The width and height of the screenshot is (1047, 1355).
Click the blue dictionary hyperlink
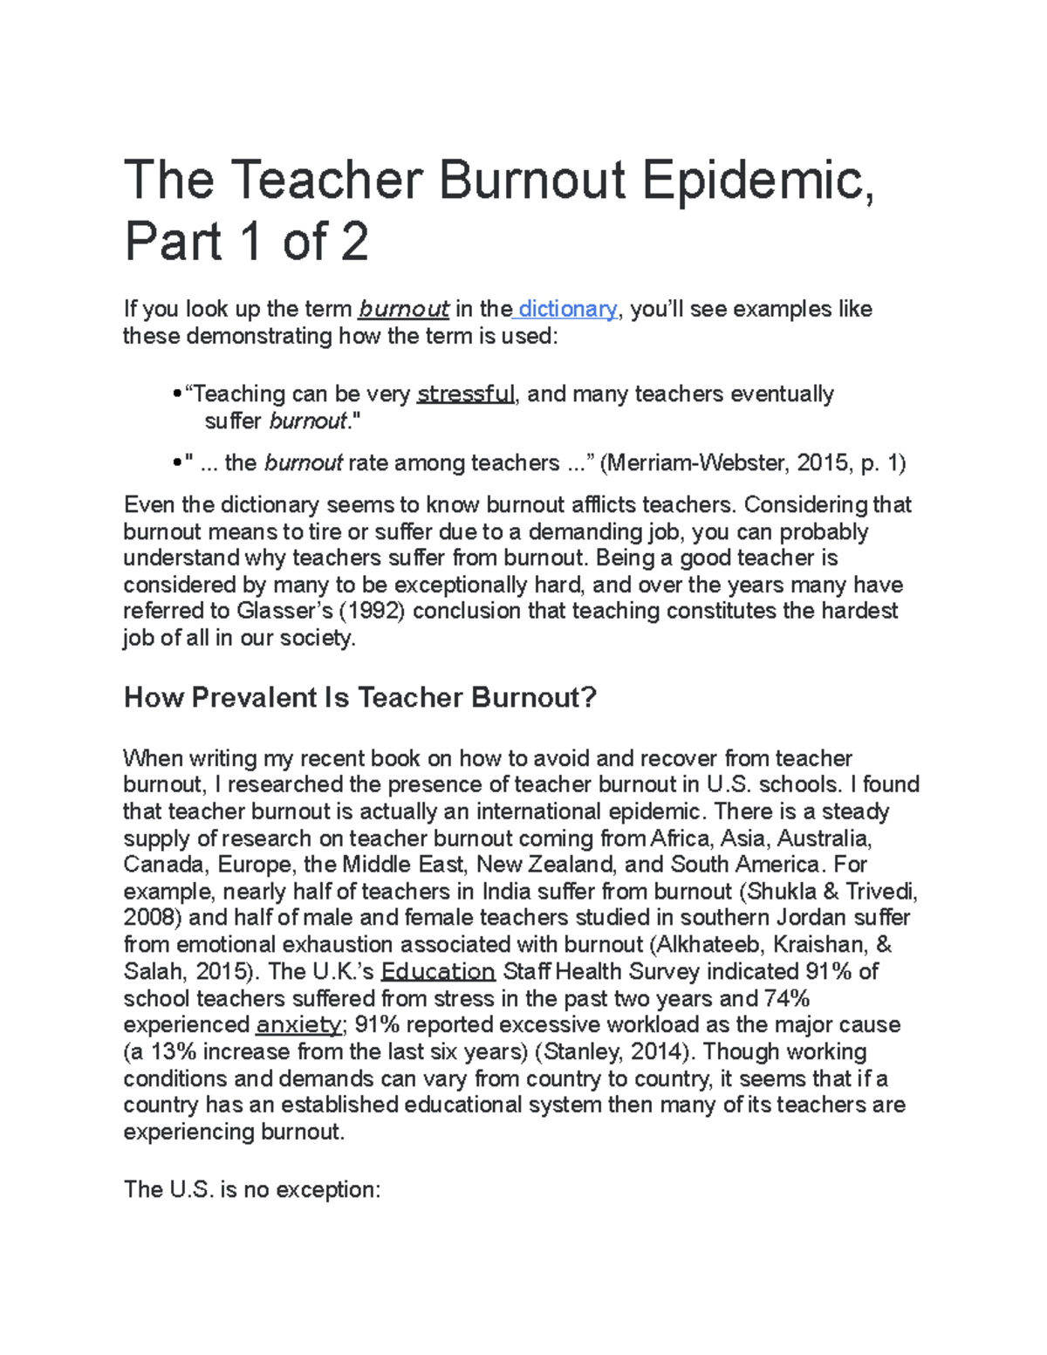point(567,309)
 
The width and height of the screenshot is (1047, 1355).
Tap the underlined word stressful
point(466,394)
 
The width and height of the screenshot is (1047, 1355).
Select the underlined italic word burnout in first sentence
point(404,309)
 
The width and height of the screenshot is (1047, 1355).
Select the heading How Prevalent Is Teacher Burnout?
point(360,697)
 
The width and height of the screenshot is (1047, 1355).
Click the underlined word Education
point(438,971)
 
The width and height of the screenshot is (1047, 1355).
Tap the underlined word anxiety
point(298,1024)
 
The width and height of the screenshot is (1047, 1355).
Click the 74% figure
point(788,998)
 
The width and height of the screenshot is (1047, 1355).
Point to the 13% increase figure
point(175,1051)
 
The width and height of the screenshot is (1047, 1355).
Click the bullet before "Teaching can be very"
point(178,395)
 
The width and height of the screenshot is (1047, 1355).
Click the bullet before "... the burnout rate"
point(178,463)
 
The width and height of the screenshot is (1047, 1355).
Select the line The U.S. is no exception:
point(252,1189)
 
